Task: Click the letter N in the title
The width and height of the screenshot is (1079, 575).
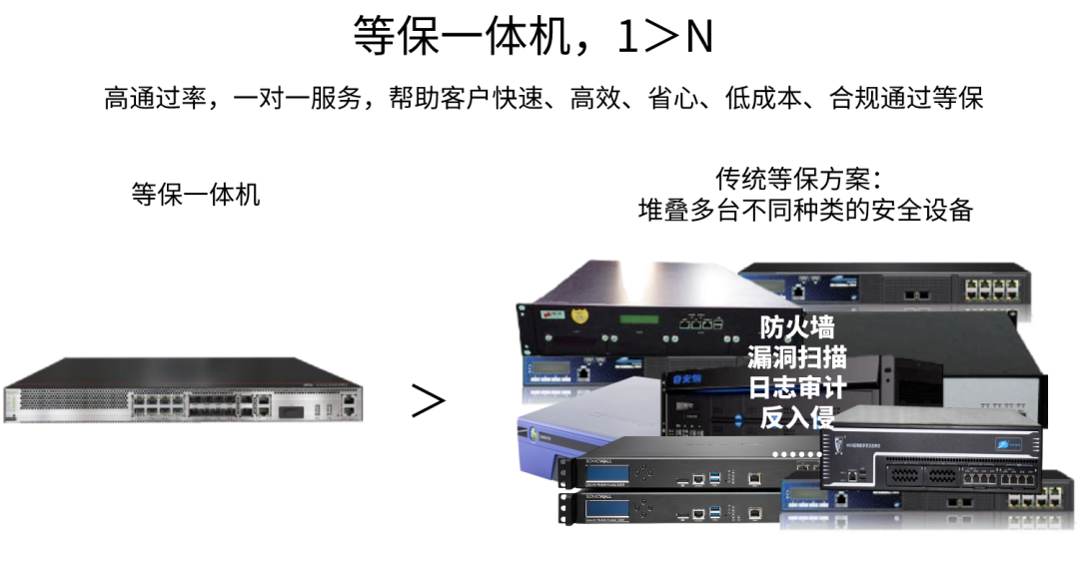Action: [x=698, y=38]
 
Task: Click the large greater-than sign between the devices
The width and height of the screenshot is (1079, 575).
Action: [x=428, y=401]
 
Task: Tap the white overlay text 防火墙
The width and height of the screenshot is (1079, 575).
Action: [x=796, y=327]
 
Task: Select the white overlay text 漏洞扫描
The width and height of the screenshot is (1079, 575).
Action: [x=796, y=357]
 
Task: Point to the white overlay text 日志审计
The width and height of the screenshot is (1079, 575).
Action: [x=796, y=387]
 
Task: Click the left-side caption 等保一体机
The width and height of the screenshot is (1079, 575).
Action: [x=196, y=194]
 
